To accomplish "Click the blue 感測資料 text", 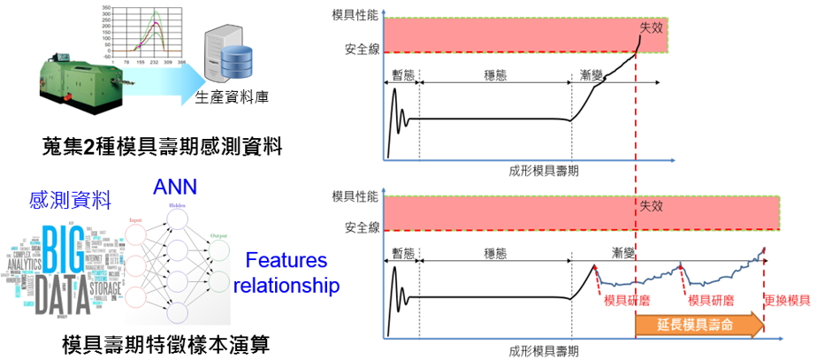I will tap(63, 200).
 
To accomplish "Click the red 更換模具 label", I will tap(787, 301).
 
